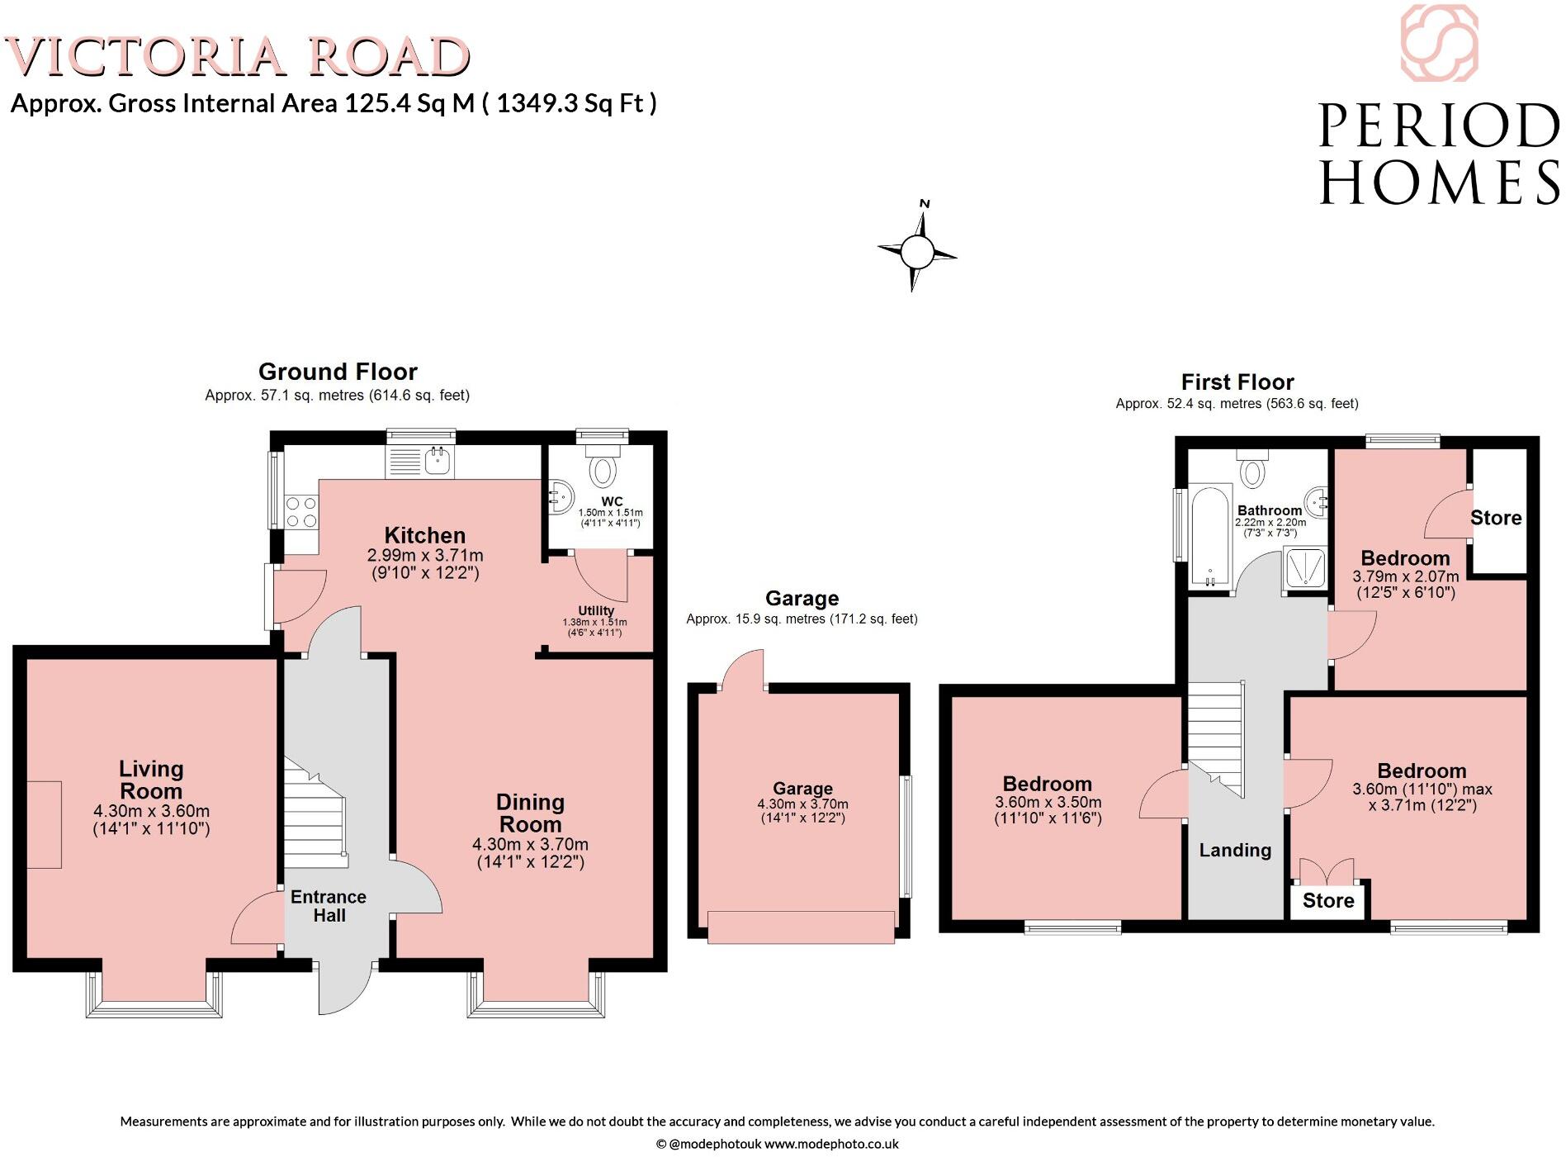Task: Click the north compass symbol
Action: coord(916,250)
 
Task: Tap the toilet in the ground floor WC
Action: coord(603,470)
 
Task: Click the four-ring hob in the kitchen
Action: coord(300,512)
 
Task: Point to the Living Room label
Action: coord(150,780)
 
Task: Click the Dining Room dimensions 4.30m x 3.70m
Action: coord(530,844)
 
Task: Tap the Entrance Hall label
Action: coord(329,906)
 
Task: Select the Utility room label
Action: coord(595,611)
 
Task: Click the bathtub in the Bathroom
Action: coord(1209,537)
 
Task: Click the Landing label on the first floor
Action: coord(1235,850)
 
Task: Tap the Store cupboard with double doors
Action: coord(1327,900)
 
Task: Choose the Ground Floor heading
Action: coord(338,372)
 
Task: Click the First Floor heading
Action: coord(1237,382)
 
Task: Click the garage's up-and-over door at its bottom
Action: coord(801,926)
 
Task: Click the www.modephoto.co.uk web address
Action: coord(830,1144)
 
